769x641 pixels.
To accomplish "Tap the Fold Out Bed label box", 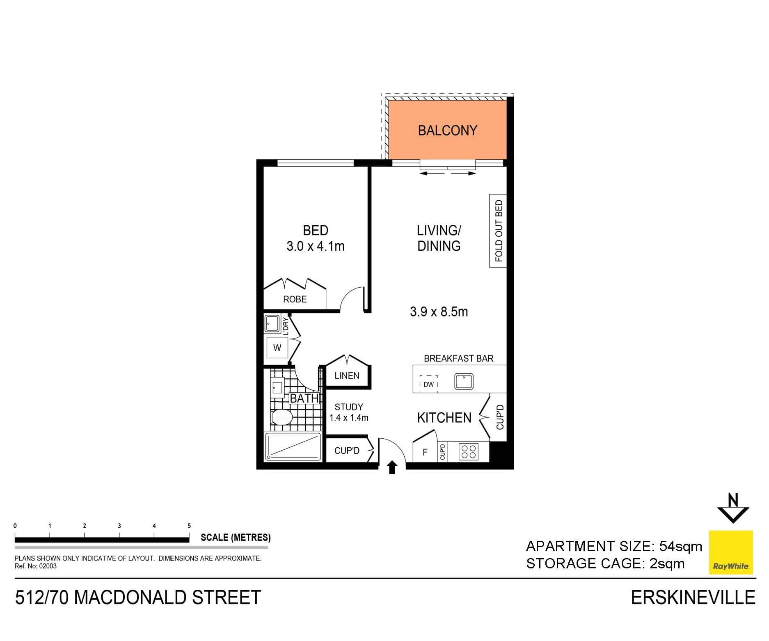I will coord(498,231).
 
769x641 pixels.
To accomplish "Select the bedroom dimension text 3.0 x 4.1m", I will coord(315,246).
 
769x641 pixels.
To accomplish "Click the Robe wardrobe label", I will coord(295,299).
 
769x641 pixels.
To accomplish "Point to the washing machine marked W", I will coord(277,348).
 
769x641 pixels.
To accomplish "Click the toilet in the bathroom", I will coord(282,417).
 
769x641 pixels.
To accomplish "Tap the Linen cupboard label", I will coord(347,375).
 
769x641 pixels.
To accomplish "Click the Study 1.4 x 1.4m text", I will coord(349,412).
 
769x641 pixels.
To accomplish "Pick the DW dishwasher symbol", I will coord(428,384).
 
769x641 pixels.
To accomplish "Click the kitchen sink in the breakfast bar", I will coord(464,381).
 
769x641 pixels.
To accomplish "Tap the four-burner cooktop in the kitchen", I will coord(469,452).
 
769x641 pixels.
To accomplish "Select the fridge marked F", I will coord(425,452).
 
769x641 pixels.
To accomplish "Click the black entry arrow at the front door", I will coord(392,467).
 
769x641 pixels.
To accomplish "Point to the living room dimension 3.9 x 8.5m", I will coord(439,312).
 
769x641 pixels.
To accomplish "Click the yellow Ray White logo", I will coord(731,552).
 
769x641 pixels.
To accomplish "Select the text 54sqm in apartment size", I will coord(680,546).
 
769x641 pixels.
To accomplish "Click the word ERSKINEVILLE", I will coord(693,598).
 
